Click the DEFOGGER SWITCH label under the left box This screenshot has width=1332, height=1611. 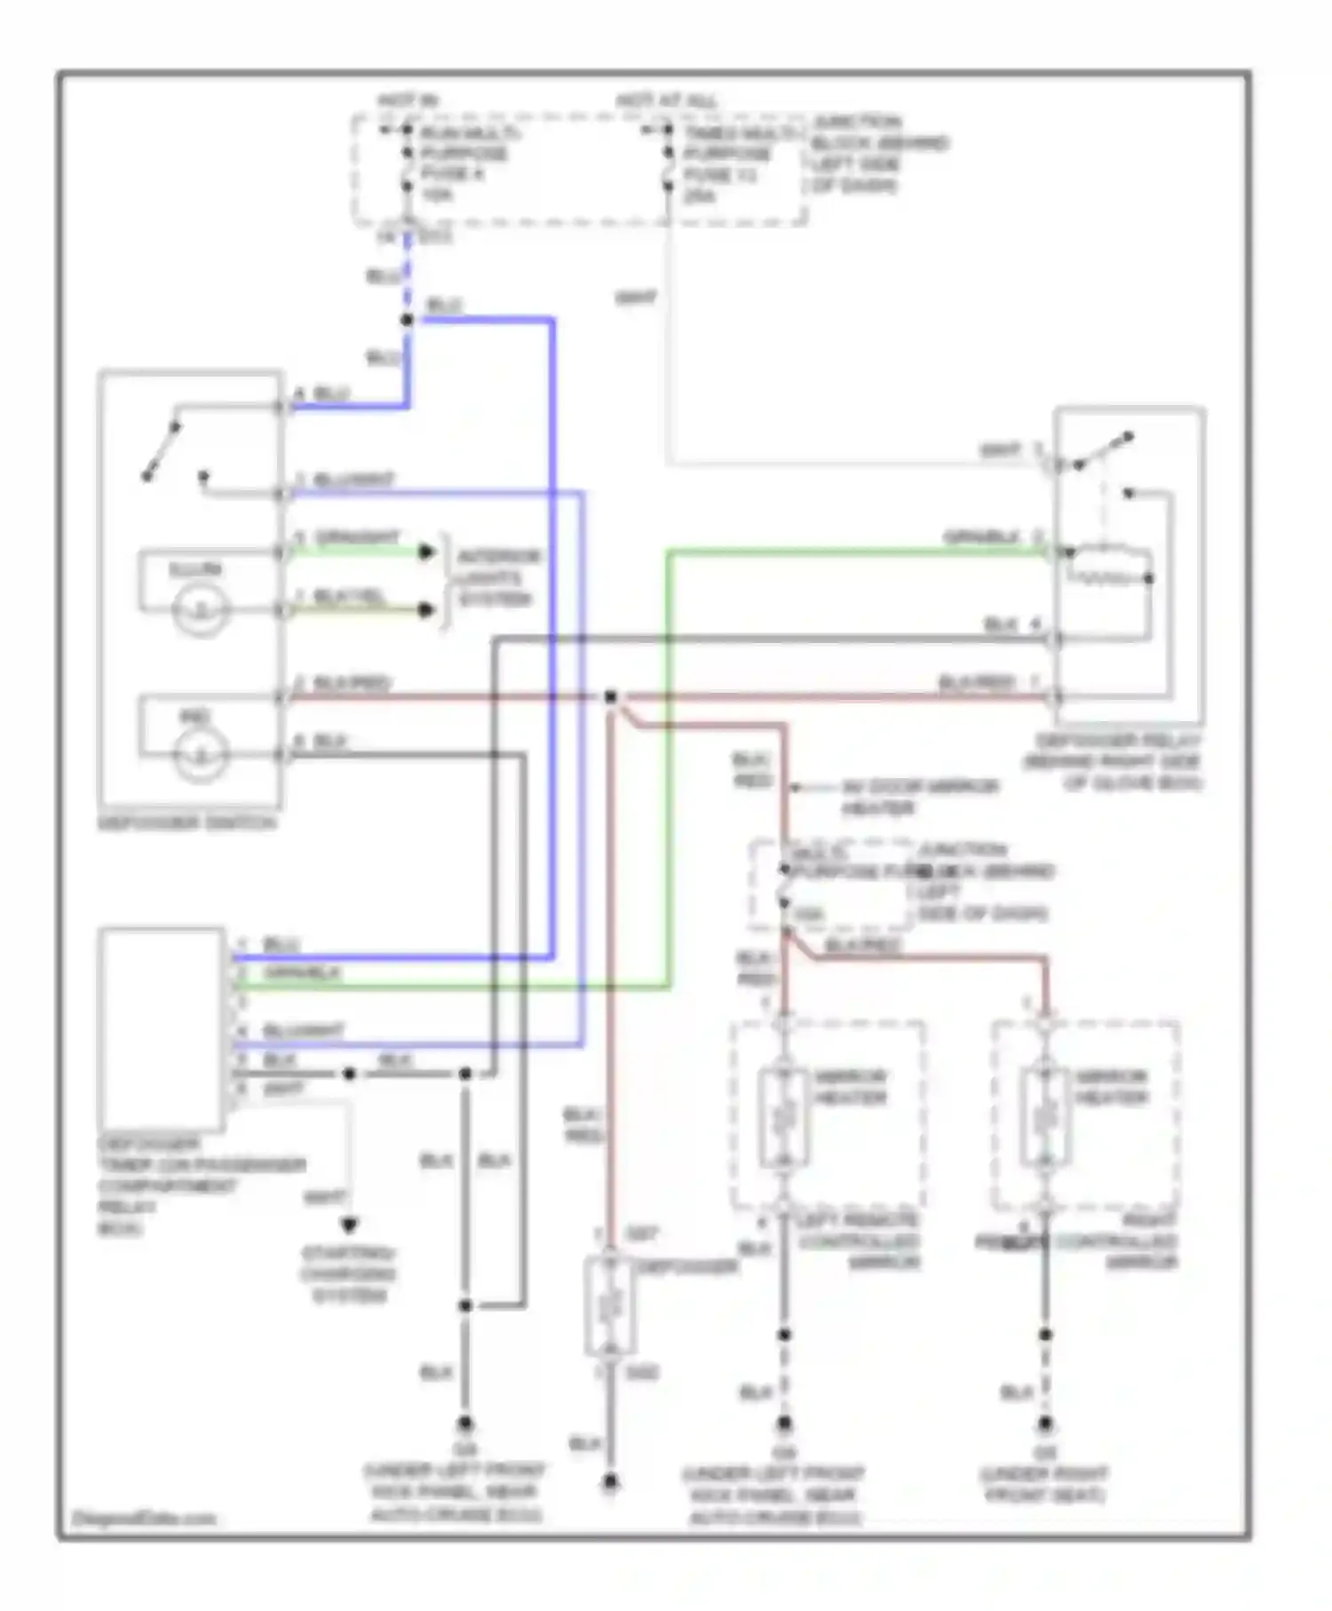pyautogui.click(x=186, y=822)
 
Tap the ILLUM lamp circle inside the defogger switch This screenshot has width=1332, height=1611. pyautogui.click(x=201, y=610)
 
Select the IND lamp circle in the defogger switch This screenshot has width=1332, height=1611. pyautogui.click(x=201, y=756)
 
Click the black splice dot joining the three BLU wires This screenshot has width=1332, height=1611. pyautogui.click(x=408, y=320)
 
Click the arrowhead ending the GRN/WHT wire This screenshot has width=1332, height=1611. pyautogui.click(x=427, y=552)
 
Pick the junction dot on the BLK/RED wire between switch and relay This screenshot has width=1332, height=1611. pyautogui.click(x=611, y=697)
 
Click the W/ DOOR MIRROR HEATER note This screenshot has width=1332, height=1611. pyautogui.click(x=919, y=797)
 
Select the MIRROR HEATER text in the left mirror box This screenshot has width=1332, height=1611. pyautogui.click(x=850, y=1087)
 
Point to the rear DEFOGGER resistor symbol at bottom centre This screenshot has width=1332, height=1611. pyautogui.click(x=609, y=1305)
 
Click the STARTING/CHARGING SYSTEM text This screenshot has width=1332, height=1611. pyautogui.click(x=349, y=1274)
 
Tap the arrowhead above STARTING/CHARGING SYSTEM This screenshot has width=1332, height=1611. pyautogui.click(x=349, y=1226)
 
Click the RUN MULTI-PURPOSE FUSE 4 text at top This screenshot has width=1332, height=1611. pyautogui.click(x=464, y=163)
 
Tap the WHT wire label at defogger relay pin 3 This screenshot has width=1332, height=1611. pyautogui.click(x=1000, y=451)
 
